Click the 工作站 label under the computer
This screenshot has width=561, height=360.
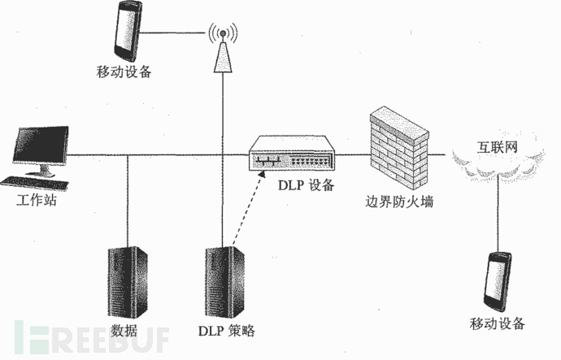35,201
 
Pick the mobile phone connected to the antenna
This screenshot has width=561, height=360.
129,32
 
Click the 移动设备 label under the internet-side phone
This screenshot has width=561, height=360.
498,324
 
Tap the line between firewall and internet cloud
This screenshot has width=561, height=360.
439,154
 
